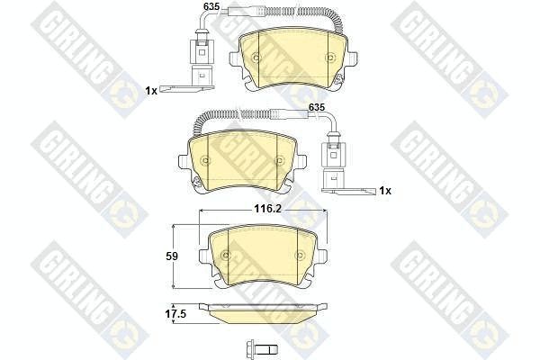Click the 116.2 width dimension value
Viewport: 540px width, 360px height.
coord(267,209)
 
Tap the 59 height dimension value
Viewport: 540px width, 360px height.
coord(172,256)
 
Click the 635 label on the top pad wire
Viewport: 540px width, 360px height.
coord(211,6)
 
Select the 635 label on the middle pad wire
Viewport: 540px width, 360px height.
coord(316,107)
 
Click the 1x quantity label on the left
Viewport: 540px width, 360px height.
coord(151,91)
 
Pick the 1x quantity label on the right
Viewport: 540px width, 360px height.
coord(385,191)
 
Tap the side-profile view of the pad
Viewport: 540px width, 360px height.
coord(264,313)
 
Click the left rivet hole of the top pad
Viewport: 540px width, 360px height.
coord(256,58)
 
